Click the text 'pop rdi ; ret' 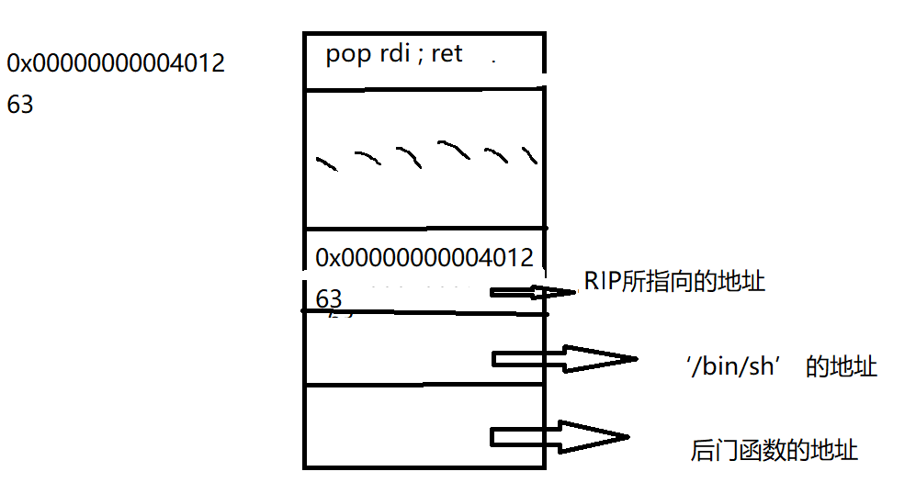(x=394, y=54)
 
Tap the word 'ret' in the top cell (x=447, y=54)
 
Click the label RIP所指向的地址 (x=674, y=282)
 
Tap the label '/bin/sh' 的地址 (x=781, y=367)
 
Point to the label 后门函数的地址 (x=774, y=451)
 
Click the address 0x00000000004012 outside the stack (x=116, y=63)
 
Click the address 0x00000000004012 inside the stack (x=424, y=258)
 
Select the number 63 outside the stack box (x=20, y=105)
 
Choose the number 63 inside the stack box (x=329, y=299)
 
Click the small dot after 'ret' (x=493, y=61)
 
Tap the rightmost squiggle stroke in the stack (x=529, y=153)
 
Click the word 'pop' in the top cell (x=347, y=55)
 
